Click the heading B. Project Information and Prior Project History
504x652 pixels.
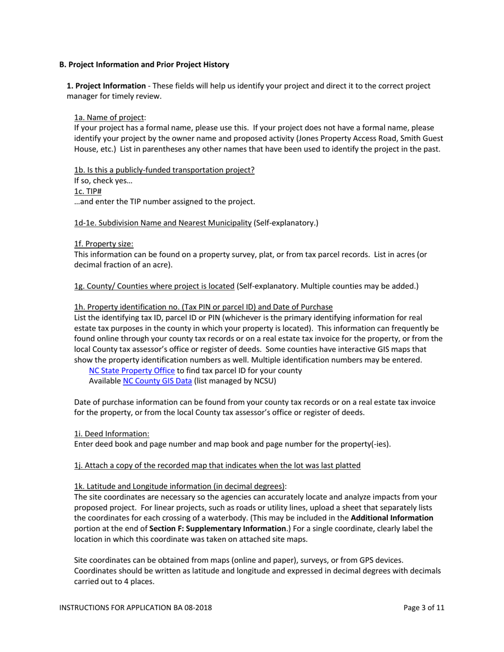144,65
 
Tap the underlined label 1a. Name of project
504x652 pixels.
109,118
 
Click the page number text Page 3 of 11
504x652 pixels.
423,608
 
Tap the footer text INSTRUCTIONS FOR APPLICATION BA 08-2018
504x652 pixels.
135,608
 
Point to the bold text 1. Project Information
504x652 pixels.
106,86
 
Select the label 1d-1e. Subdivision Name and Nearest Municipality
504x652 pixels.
162,223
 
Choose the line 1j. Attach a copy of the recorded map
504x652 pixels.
217,465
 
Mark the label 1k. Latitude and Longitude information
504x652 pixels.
179,486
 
